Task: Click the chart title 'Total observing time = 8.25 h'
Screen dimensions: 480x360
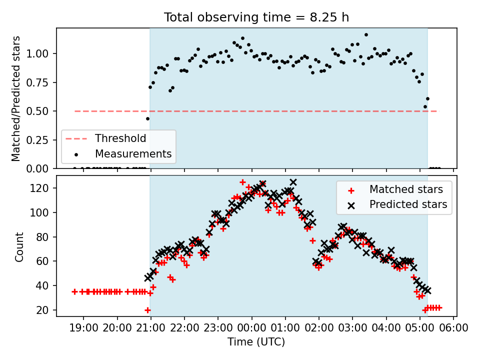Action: [256, 17]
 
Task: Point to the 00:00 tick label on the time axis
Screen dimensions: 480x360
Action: [251, 328]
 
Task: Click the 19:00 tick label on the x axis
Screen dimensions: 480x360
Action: [83, 328]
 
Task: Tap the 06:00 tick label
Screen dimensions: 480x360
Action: [453, 328]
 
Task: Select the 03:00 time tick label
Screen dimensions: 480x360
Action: [352, 328]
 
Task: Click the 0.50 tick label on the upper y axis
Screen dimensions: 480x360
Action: [37, 111]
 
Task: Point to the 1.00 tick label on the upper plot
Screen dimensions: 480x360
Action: [37, 54]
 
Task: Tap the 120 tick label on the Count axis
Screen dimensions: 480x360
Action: [39, 188]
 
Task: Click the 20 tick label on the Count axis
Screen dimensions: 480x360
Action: [42, 310]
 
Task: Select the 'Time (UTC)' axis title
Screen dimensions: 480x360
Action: [256, 342]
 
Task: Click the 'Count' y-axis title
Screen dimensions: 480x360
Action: [19, 246]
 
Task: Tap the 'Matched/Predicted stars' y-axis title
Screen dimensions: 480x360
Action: [15, 98]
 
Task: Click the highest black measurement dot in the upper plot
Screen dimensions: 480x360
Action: [366, 35]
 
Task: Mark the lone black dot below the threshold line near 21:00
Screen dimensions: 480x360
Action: [147, 119]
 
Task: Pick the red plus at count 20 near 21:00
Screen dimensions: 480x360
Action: [147, 310]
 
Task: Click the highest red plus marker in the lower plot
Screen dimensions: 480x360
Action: [242, 182]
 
